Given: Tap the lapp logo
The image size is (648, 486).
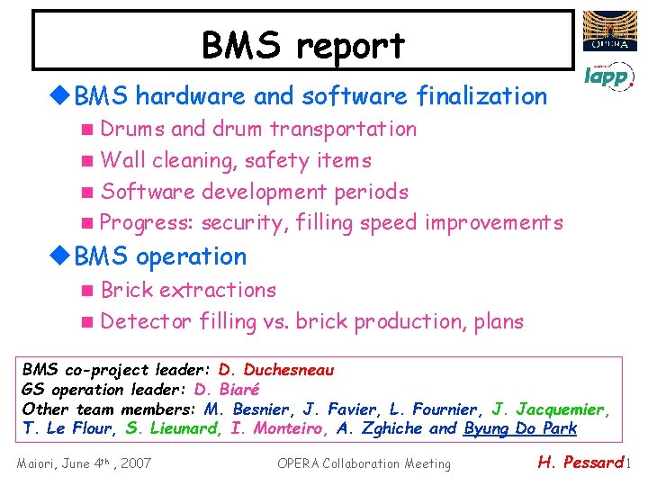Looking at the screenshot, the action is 607,76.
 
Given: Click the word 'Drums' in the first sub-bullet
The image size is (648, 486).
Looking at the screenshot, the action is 132,129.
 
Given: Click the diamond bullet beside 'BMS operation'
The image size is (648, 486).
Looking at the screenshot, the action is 62,256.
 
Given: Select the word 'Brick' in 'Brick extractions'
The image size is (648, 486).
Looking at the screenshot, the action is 127,290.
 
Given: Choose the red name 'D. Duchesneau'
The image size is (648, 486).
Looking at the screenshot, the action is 275,370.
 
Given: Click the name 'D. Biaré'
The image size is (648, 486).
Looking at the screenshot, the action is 227,390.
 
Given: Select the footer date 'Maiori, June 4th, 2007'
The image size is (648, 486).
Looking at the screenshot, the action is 85,463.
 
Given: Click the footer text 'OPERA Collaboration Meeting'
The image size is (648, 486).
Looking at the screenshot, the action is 364,463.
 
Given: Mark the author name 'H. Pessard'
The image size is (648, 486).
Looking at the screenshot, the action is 580,463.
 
